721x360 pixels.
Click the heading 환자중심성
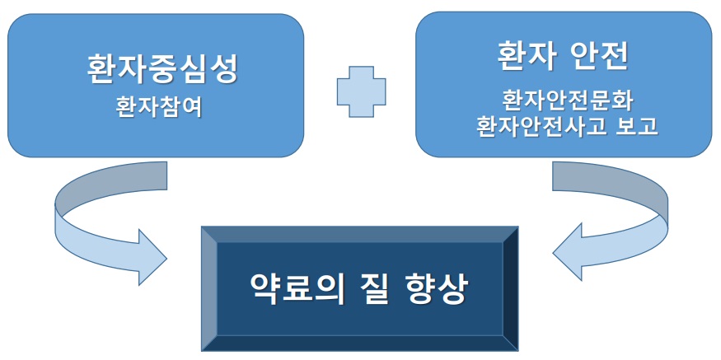[x=162, y=70]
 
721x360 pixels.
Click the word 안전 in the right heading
[x=601, y=57]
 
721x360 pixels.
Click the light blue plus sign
[x=362, y=91]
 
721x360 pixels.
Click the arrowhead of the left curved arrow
[x=152, y=258]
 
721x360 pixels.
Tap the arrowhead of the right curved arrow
[x=568, y=252]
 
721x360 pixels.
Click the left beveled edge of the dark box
[x=209, y=288]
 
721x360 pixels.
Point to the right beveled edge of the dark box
[x=511, y=288]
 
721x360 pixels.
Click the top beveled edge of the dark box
[x=360, y=234]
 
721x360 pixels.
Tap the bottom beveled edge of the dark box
[x=360, y=344]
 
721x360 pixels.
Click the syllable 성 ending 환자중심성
[x=223, y=70]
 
